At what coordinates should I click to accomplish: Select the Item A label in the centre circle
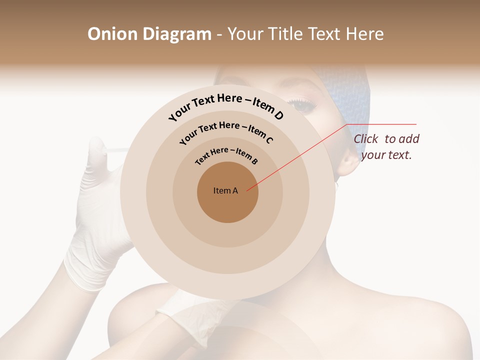(225, 190)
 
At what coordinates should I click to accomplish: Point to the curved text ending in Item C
(226, 130)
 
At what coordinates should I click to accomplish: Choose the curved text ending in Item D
(226, 104)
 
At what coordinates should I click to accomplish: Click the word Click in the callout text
(366, 139)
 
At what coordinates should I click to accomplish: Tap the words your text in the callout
(386, 155)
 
